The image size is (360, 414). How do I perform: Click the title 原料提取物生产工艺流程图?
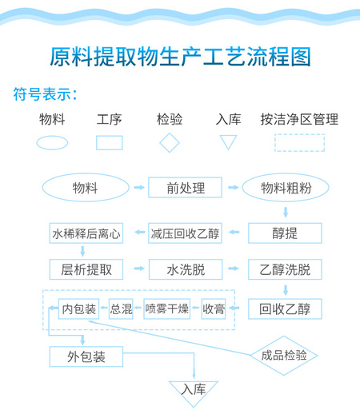tap(180, 57)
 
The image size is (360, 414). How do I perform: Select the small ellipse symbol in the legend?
tap(52, 143)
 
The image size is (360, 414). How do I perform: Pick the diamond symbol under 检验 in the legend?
tap(170, 143)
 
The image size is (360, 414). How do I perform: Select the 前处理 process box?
tap(185, 188)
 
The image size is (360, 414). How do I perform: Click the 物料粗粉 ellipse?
tap(286, 188)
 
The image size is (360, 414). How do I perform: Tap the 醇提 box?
tap(285, 233)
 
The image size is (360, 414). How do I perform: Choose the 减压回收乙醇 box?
tap(185, 233)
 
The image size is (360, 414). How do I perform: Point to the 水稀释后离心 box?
tap(86, 233)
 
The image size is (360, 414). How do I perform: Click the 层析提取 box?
tap(86, 269)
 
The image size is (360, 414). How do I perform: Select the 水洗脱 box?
tap(186, 269)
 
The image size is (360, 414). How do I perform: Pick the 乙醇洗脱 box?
tap(285, 269)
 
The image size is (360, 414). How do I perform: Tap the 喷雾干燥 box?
tap(167, 309)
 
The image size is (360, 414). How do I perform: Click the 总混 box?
tap(121, 309)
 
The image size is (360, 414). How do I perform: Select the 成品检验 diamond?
tap(284, 356)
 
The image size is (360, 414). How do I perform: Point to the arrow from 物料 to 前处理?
tap(139, 188)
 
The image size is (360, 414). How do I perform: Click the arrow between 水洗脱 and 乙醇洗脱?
tap(234, 269)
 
